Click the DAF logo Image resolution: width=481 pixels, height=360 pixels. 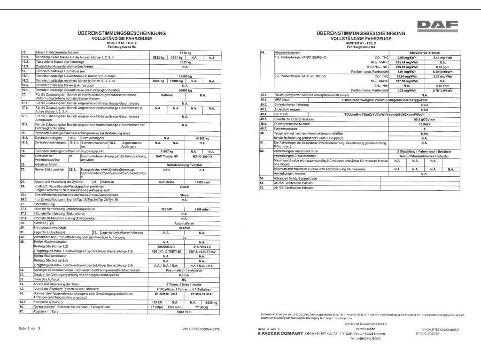coord(437,25)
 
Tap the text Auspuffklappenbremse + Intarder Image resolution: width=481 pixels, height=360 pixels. coord(424,156)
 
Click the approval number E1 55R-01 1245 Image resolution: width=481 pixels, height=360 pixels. coord(166,294)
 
